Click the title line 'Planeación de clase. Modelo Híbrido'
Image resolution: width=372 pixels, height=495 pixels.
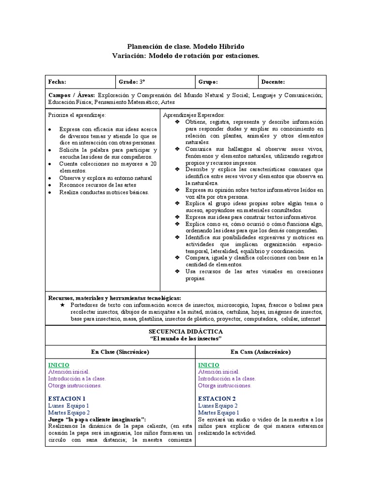186,46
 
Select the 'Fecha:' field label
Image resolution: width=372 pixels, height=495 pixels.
57,82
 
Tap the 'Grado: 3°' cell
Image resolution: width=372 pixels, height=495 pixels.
132,82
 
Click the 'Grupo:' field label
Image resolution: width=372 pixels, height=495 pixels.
208,82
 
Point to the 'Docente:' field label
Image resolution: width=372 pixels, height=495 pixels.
273,82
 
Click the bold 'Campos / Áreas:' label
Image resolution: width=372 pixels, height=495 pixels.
71,95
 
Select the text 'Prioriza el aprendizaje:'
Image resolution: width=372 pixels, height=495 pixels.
77,116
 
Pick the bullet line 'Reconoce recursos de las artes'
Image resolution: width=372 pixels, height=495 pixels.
97,185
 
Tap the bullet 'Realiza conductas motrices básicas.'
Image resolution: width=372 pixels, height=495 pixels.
104,192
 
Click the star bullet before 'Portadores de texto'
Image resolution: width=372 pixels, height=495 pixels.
62,306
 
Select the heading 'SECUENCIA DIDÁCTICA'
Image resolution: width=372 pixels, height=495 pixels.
186,332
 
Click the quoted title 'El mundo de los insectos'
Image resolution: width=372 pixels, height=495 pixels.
186,338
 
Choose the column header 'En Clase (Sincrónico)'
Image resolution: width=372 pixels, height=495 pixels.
120,351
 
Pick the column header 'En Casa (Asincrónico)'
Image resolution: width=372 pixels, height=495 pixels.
260,351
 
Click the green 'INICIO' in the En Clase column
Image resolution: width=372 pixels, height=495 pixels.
59,365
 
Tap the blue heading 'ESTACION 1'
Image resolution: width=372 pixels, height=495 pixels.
67,398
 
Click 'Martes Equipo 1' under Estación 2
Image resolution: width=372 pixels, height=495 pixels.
218,412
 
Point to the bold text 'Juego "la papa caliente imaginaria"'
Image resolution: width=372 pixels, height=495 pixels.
97,420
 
